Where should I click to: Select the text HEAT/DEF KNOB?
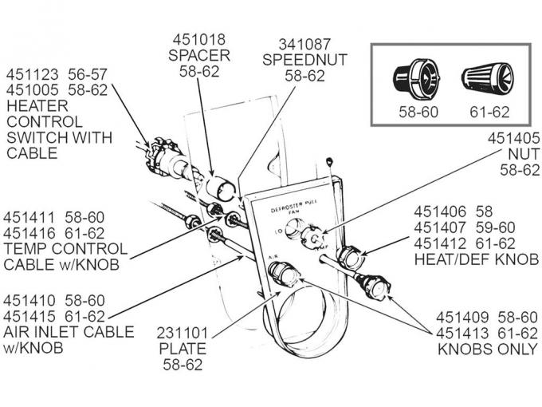click(x=476, y=259)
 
